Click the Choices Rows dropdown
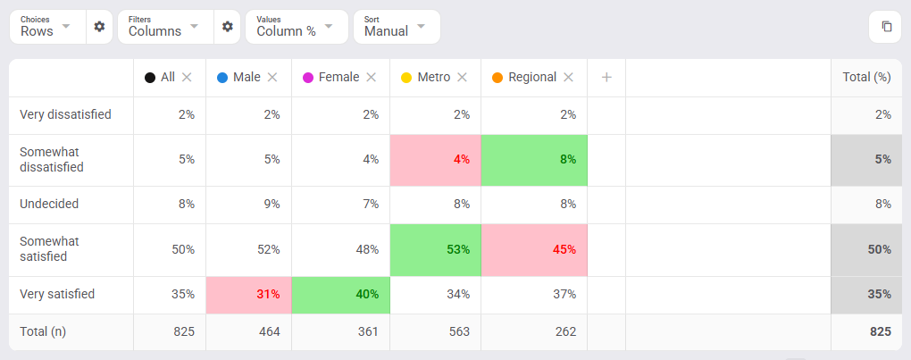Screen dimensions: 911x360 pyautogui.click(x=47, y=27)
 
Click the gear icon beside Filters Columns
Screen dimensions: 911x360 pyautogui.click(x=227, y=27)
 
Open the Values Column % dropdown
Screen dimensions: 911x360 pyautogui.click(x=297, y=27)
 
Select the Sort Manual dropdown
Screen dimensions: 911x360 pyautogui.click(x=397, y=27)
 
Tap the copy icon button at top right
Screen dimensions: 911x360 pyautogui.click(x=887, y=27)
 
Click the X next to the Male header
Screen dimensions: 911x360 pyautogui.click(x=272, y=77)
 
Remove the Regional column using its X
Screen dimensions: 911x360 pyautogui.click(x=568, y=77)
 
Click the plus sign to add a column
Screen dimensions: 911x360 pyautogui.click(x=606, y=77)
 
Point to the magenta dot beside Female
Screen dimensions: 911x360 pyautogui.click(x=308, y=78)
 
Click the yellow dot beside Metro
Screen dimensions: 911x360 pyautogui.click(x=406, y=78)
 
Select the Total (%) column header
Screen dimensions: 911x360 pyautogui.click(x=867, y=77)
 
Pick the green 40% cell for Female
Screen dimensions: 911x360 pyautogui.click(x=340, y=295)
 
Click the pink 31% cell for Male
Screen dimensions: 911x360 pyautogui.click(x=248, y=295)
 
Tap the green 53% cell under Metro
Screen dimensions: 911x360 pyautogui.click(x=435, y=250)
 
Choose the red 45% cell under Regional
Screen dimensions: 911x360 pyautogui.click(x=534, y=250)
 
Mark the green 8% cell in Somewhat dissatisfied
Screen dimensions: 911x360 pyautogui.click(x=534, y=160)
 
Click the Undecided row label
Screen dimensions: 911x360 pyautogui.click(x=49, y=205)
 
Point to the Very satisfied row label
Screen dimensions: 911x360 pyautogui.click(x=57, y=295)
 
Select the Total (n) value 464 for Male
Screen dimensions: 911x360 pyautogui.click(x=270, y=331)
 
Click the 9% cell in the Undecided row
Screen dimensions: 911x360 pyautogui.click(x=272, y=205)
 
